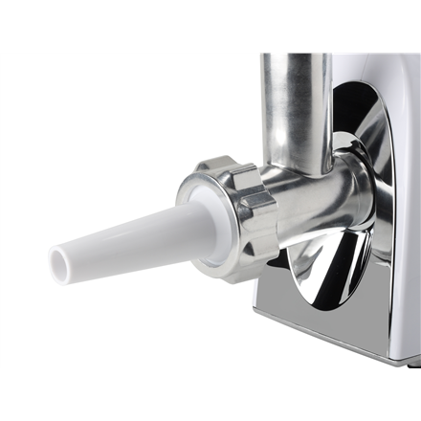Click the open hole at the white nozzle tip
(x=65, y=259)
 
